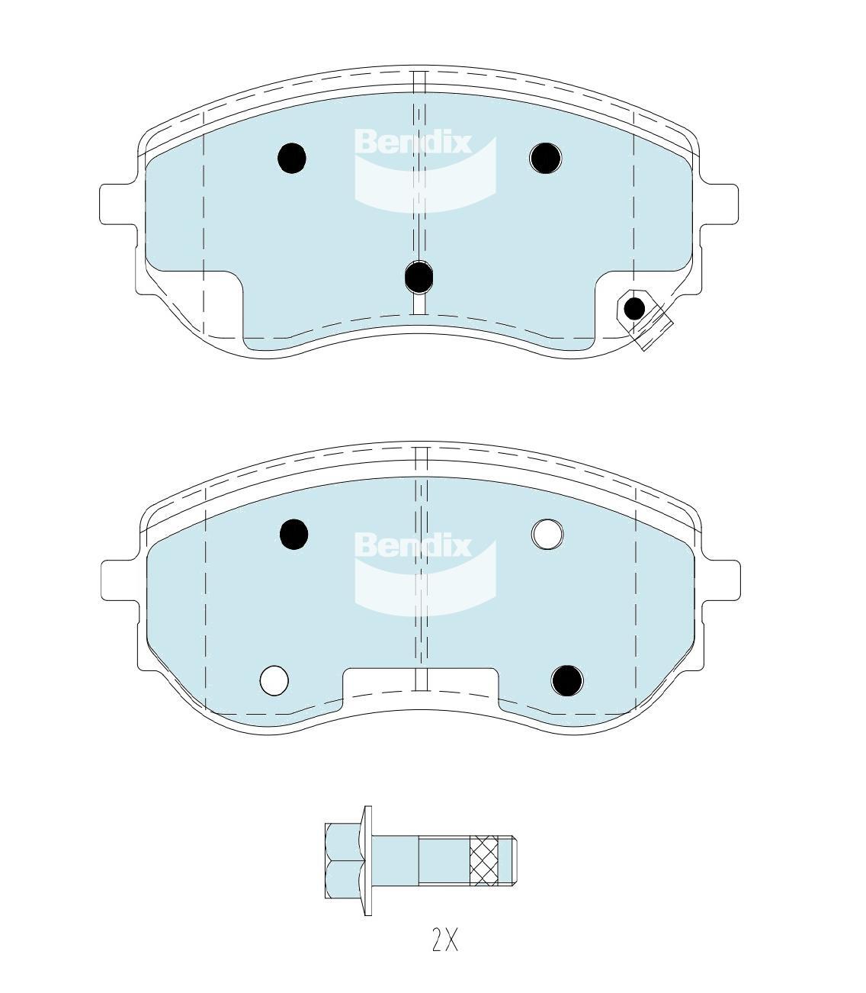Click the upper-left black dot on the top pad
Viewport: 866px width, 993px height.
292,159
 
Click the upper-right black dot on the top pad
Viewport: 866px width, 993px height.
545,158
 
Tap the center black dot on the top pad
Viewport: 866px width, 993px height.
419,277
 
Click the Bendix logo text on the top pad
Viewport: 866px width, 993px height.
412,143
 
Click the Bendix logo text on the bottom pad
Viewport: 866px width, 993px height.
412,546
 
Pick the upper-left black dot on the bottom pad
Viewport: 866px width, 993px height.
293,534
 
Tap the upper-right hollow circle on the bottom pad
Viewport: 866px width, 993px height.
547,534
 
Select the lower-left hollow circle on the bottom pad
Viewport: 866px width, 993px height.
274,680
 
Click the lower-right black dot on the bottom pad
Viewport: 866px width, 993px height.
567,680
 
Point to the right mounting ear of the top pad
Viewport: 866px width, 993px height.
720,204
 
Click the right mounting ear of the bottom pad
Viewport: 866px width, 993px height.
722,580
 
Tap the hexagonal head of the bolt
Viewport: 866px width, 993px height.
344,861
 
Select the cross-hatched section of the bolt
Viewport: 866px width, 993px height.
485,861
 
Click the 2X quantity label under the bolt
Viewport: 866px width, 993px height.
445,941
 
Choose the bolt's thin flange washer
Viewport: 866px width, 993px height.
368,861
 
